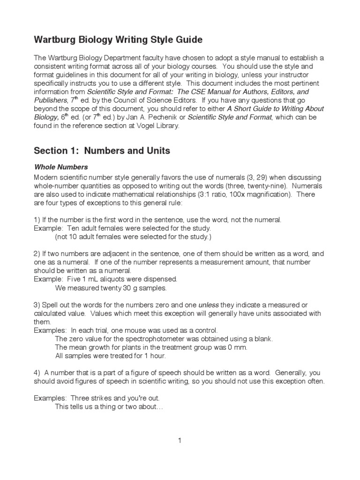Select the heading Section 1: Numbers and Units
(x=102, y=150)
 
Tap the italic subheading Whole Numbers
(x=61, y=167)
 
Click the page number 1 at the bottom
(x=180, y=440)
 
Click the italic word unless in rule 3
(x=208, y=304)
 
